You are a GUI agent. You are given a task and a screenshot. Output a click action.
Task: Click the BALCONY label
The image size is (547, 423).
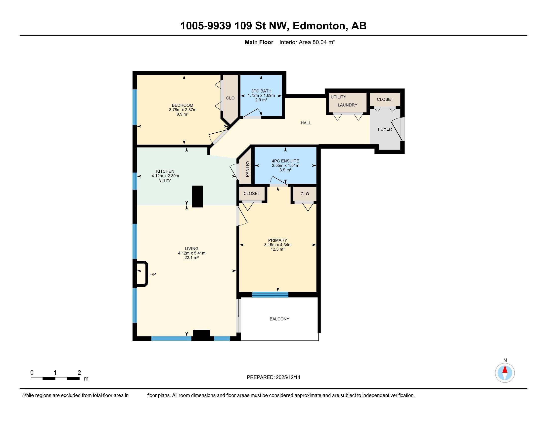(x=279, y=319)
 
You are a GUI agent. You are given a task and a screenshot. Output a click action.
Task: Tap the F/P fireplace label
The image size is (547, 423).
(x=152, y=274)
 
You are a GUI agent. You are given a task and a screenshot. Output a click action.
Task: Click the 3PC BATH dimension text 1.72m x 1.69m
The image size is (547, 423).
(x=261, y=96)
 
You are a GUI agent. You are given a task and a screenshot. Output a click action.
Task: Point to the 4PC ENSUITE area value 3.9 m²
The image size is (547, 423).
(x=285, y=170)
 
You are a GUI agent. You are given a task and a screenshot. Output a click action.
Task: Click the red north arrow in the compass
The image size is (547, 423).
(x=505, y=369)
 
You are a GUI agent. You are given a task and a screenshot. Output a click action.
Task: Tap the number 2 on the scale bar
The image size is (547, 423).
(x=79, y=373)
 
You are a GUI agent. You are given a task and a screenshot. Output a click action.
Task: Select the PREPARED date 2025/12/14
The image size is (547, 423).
(x=287, y=377)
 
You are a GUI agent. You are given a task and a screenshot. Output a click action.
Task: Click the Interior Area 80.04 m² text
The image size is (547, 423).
(x=307, y=42)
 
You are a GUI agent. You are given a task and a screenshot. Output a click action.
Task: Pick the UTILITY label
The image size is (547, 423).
(x=338, y=97)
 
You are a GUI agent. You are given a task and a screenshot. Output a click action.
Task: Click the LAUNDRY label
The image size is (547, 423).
(x=347, y=105)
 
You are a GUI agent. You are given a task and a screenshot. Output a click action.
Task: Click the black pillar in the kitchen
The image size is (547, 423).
(x=197, y=196)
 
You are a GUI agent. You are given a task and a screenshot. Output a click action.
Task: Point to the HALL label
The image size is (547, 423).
(x=306, y=123)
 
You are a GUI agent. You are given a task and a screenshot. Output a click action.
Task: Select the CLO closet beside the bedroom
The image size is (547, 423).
(x=230, y=98)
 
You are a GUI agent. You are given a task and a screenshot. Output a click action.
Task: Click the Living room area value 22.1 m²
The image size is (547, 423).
(x=191, y=258)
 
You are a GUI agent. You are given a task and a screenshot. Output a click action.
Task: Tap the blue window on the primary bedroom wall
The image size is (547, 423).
(x=270, y=295)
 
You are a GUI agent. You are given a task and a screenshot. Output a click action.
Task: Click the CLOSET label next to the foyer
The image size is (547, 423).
(x=385, y=100)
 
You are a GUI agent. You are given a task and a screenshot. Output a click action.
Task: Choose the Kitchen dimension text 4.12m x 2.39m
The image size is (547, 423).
(x=165, y=176)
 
